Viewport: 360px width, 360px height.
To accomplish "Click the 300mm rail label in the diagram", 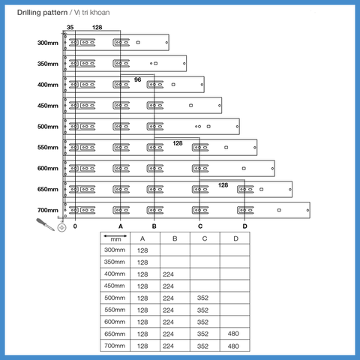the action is [48, 43].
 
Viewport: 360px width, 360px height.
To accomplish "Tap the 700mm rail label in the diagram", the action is [48, 210].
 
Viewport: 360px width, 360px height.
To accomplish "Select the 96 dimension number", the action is [137, 79].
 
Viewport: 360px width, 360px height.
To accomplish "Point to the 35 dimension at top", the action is [70, 27].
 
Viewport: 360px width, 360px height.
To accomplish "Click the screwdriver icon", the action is [45, 224].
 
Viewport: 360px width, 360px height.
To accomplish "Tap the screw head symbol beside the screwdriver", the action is [61, 228].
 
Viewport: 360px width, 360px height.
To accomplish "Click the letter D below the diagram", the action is [244, 226].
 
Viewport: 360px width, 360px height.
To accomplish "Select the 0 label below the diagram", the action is [75, 226].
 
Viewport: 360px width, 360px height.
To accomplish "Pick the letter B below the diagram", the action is [154, 226].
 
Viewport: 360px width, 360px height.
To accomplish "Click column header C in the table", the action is [205, 238].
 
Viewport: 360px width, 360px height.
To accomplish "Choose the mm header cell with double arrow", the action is [115, 238].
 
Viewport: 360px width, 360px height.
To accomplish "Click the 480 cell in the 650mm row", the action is [233, 334].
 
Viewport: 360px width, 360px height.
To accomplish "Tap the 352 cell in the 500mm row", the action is [202, 298].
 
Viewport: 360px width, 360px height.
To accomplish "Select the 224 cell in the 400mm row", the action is [168, 274].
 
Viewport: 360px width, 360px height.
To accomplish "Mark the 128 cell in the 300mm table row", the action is [142, 250].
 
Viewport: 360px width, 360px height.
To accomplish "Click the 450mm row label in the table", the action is [115, 286].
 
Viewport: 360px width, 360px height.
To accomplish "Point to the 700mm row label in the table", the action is [115, 346].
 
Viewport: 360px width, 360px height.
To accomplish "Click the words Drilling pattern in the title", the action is [42, 13].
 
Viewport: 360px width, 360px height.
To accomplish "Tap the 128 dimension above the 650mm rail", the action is [223, 185].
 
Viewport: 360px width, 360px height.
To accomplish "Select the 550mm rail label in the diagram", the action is [48, 147].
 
